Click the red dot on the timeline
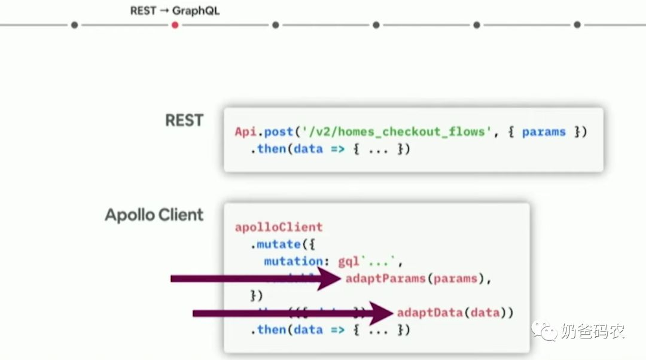pos(175,25)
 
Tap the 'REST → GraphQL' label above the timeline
pos(175,11)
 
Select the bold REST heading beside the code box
pos(184,120)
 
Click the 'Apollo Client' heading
pos(154,215)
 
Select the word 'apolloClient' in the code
pos(279,227)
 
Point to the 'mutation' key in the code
pos(293,261)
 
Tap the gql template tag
pos(349,261)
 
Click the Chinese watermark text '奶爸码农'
pos(593,331)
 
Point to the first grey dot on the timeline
pos(74,25)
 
